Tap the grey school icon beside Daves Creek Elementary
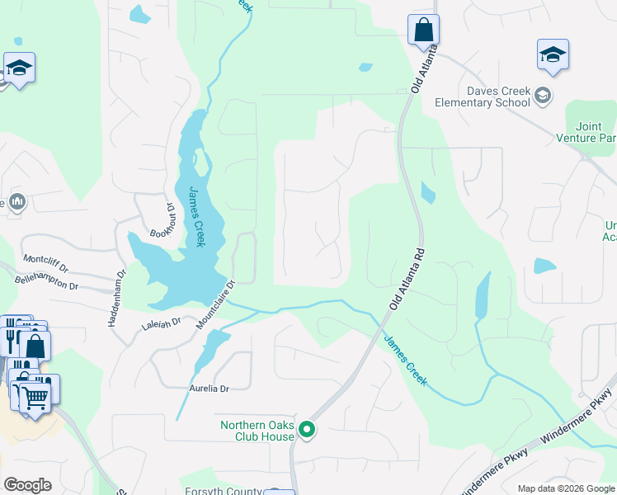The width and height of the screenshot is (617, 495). (542, 95)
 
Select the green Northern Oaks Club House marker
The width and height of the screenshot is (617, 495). (307, 429)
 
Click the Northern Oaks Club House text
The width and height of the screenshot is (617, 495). (257, 431)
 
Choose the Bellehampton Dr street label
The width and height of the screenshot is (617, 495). (46, 283)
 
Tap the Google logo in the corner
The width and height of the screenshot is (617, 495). (27, 484)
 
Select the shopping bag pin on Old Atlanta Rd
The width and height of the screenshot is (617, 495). (423, 31)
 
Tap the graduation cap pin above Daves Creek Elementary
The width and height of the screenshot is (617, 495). (553, 55)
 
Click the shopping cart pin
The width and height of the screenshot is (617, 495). (35, 397)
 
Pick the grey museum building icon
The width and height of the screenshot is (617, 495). (16, 202)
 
